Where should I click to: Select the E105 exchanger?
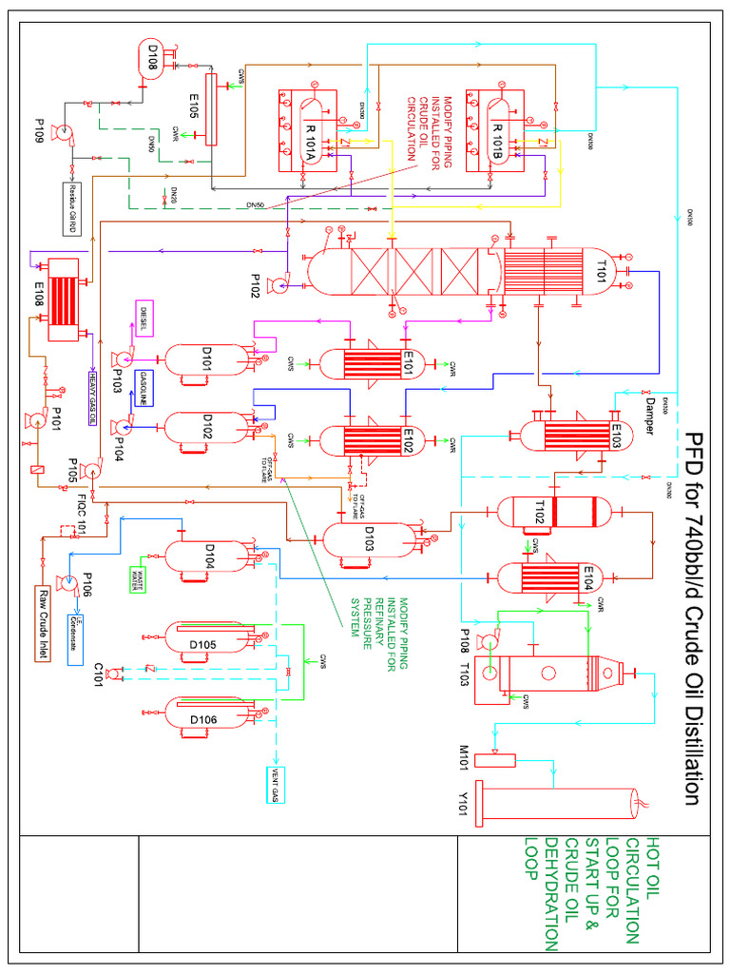pyautogui.click(x=210, y=109)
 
